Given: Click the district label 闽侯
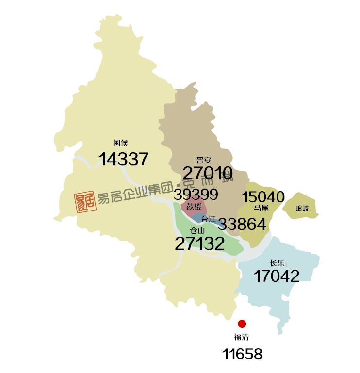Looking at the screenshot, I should click(120, 143).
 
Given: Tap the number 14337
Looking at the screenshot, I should click(123, 159).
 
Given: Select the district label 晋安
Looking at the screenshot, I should click(204, 160).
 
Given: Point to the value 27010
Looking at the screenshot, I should click(208, 173).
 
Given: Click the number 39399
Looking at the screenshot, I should click(196, 195).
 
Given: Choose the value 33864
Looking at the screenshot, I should click(242, 224).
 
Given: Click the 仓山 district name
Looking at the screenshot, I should click(197, 230).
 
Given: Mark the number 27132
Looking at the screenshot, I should click(199, 243).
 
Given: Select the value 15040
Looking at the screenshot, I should click(263, 197).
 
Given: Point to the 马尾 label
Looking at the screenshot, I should click(261, 208).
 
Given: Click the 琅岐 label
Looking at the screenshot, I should click(302, 209).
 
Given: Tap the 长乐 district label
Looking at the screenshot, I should click(277, 263).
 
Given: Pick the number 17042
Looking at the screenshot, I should click(277, 276).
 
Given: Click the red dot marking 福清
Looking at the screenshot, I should click(242, 324).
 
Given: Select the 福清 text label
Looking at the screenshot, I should click(241, 337).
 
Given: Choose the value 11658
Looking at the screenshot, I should click(242, 354).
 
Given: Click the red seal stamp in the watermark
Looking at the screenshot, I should click(85, 201).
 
